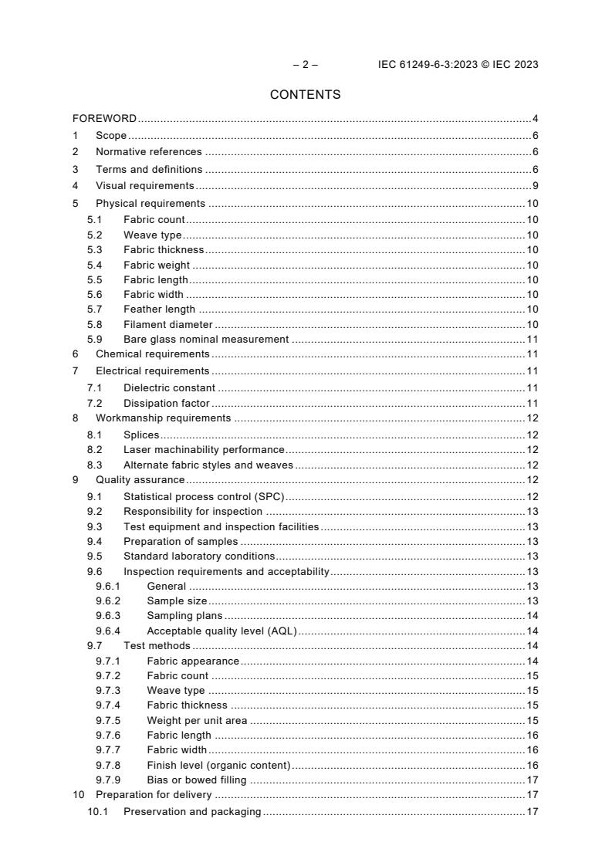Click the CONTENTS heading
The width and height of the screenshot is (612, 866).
306,95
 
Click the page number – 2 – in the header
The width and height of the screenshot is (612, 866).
305,64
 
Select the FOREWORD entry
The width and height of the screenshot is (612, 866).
104,119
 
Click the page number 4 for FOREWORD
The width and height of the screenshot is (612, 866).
535,119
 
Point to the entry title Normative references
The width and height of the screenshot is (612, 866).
148,152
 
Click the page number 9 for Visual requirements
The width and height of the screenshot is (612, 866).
535,186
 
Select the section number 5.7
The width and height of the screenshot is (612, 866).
94,310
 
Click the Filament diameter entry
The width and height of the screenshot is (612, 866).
167,324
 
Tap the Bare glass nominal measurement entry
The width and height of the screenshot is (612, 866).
206,339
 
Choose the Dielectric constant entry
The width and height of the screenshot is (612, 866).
169,388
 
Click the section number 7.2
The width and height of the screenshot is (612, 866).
94,403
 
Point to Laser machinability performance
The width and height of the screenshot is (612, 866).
204,450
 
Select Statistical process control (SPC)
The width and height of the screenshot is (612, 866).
205,496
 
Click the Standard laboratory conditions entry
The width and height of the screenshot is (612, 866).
199,556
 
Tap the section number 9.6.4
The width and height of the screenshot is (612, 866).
108,631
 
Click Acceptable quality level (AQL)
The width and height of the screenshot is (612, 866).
221,631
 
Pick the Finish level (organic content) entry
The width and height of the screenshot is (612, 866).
218,765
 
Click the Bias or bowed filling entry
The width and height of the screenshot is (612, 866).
197,780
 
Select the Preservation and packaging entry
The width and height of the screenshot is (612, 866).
192,812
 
